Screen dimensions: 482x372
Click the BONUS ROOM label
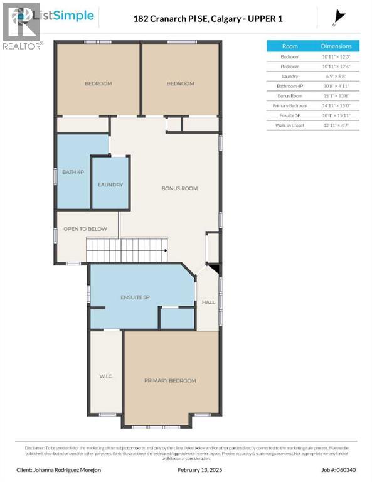(x=179, y=188)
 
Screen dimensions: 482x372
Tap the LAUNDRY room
(x=110, y=185)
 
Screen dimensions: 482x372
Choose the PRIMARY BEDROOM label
(x=170, y=380)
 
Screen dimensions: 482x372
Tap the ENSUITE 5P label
(x=136, y=296)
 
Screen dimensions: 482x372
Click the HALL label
(x=208, y=302)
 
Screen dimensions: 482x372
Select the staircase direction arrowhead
(x=166, y=250)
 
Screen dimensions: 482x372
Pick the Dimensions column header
(x=336, y=46)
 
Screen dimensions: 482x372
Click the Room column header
(x=290, y=46)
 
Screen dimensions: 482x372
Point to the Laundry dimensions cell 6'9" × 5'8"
(x=336, y=76)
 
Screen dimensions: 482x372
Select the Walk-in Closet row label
(x=290, y=126)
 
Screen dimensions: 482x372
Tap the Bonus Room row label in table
(x=290, y=96)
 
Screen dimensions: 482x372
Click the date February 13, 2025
(x=199, y=469)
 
